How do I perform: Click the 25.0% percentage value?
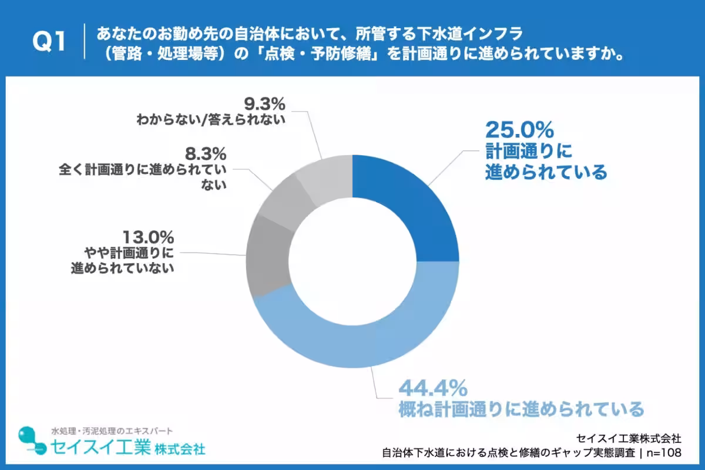(519, 130)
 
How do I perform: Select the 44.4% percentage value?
(434, 388)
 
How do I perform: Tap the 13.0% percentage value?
(148, 237)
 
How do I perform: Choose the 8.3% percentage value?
(206, 154)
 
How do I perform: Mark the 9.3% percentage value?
(264, 104)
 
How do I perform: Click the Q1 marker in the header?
(49, 41)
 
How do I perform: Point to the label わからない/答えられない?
(211, 120)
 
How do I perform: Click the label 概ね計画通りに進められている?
(521, 409)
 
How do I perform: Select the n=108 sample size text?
(664, 453)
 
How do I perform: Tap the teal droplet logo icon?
(32, 441)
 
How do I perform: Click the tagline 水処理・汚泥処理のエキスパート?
(112, 431)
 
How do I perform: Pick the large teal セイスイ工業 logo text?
(100, 447)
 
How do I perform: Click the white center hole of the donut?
(352, 261)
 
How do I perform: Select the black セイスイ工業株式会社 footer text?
(629, 438)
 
